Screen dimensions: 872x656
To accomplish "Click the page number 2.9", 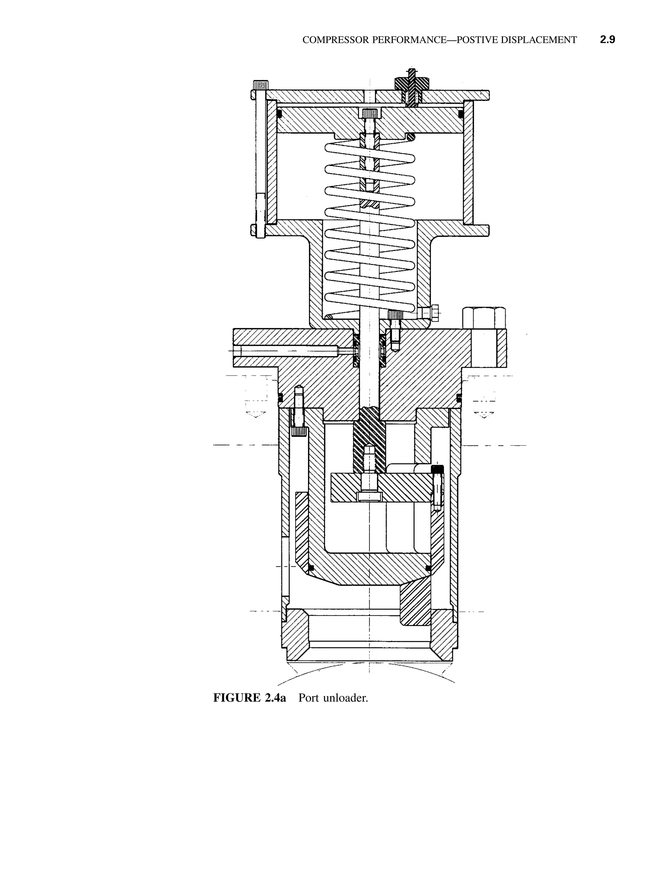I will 607,40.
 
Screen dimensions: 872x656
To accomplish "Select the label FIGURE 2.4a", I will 250,698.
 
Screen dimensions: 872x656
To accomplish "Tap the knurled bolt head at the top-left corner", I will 260,84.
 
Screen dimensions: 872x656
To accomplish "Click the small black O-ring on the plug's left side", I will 311,568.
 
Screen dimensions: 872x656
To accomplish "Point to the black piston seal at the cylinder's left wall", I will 279,114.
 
